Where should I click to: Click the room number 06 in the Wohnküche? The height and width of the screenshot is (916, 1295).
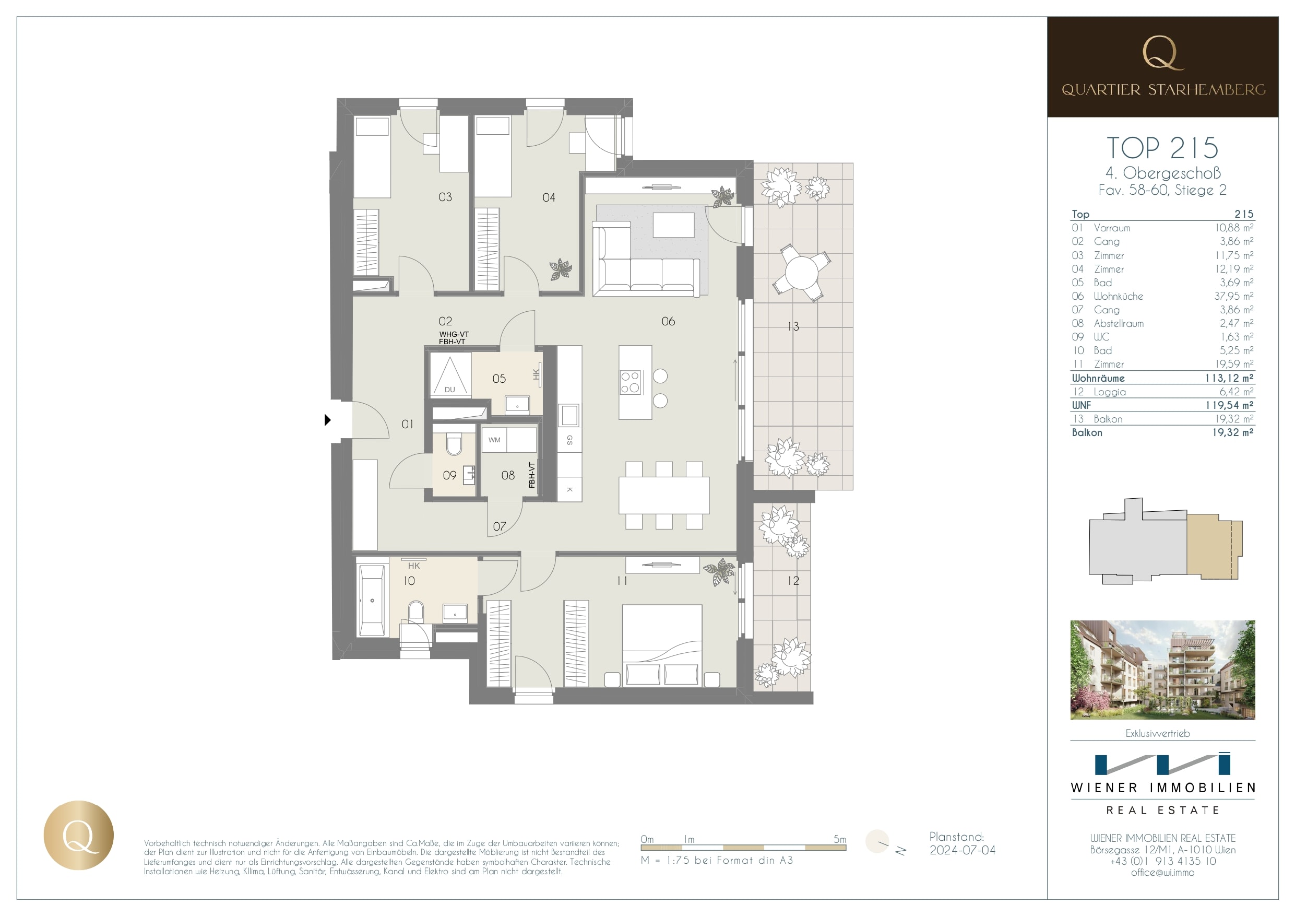coord(668,321)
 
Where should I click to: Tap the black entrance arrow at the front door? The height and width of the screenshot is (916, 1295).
coord(327,420)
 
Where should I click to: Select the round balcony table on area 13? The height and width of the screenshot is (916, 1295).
coord(801,273)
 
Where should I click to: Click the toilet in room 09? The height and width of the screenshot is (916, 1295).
coord(454,445)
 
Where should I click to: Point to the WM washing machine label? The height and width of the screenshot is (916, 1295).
coord(494,440)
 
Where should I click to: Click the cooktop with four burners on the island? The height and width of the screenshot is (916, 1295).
coord(631,382)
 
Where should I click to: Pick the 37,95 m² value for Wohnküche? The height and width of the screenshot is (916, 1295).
coord(1233,296)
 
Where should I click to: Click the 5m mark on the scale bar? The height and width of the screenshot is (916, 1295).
coord(839,839)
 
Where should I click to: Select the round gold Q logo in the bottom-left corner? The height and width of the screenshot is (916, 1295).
coord(78,835)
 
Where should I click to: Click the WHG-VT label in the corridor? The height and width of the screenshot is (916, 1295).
coord(454,334)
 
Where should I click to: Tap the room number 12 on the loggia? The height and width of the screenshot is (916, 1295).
coord(793,580)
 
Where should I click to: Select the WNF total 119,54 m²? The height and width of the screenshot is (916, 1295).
coord(1229,405)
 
